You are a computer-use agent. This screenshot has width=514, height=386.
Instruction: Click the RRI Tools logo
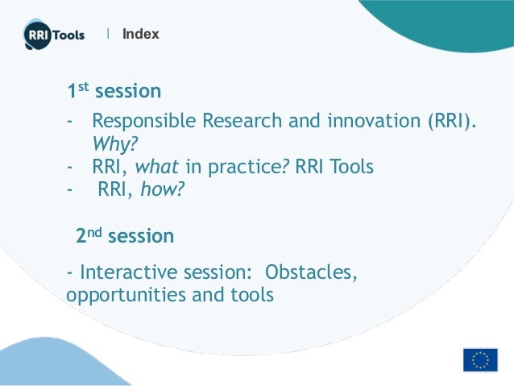click(x=53, y=35)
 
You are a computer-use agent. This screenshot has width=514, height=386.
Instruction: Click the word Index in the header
click(x=141, y=34)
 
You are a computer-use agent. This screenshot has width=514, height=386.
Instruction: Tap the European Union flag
click(x=480, y=359)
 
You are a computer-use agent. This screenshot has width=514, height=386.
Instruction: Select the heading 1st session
click(x=114, y=91)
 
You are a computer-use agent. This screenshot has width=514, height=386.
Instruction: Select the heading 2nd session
click(x=125, y=236)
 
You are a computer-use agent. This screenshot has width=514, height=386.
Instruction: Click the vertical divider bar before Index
click(x=109, y=34)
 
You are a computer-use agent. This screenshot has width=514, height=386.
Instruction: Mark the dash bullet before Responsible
click(x=71, y=122)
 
